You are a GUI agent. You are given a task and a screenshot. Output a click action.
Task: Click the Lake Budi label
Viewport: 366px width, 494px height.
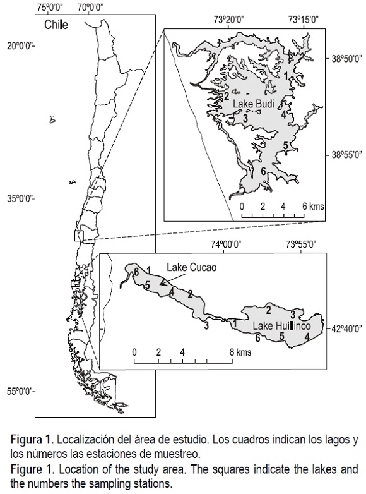pos(254,104)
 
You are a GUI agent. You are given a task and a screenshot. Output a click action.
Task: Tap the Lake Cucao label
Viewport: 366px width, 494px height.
pos(192,267)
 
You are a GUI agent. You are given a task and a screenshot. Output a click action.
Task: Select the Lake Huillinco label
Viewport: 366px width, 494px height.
pos(281,326)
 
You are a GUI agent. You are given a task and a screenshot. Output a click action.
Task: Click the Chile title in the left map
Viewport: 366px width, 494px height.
pos(56,25)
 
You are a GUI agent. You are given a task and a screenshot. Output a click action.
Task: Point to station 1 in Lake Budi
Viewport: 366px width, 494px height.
pos(286,76)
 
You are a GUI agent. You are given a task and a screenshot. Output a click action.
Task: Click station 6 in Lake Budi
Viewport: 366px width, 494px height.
pos(263,171)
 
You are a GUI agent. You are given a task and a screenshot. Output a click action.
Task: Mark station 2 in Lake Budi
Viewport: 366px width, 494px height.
pos(227,96)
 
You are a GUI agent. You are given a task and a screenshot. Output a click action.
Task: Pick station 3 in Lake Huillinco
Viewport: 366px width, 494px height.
pos(293,314)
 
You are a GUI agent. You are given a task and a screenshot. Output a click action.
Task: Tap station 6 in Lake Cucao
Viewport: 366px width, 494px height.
pos(136,271)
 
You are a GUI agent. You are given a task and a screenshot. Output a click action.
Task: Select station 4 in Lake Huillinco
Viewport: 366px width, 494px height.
pos(307,337)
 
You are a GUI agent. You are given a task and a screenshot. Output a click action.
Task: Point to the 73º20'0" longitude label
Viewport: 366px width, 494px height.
pos(229,20)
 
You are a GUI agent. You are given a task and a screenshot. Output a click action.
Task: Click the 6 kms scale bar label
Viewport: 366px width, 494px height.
pos(312,207)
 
